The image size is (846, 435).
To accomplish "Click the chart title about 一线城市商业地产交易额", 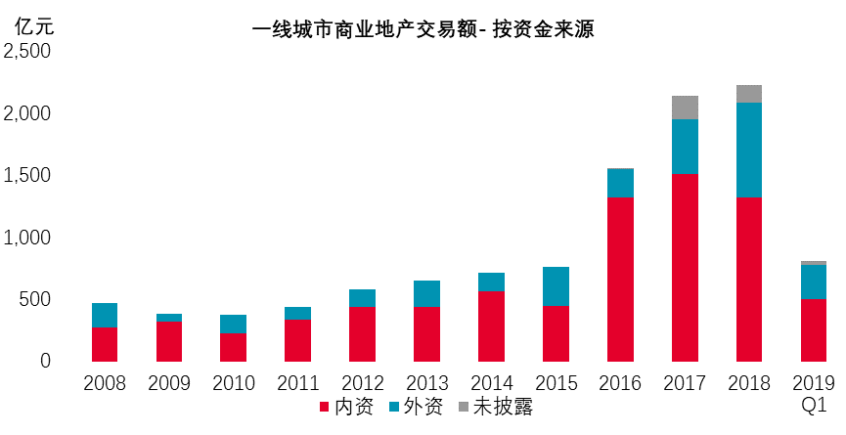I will pyautogui.click(x=423, y=29).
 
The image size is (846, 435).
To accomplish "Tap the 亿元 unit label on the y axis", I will pyautogui.click(x=35, y=26).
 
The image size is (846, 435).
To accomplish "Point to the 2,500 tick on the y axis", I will pyautogui.click(x=28, y=52).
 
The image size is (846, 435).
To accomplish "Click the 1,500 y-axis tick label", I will pyautogui.click(x=28, y=176).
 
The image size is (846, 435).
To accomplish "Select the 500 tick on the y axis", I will pyautogui.click(x=35, y=299).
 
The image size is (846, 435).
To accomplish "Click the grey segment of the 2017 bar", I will pyautogui.click(x=685, y=108).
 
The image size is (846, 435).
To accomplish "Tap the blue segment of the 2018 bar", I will pyautogui.click(x=749, y=150).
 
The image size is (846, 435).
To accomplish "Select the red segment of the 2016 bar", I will pyautogui.click(x=620, y=279).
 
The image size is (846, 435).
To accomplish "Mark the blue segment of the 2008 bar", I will pyautogui.click(x=105, y=315).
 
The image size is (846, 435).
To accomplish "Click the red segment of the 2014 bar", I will pyautogui.click(x=491, y=326).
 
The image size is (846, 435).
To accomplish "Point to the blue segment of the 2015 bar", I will pyautogui.click(x=556, y=286).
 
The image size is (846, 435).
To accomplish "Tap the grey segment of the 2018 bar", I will pyautogui.click(x=749, y=94).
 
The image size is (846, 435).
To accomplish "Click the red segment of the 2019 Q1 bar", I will pyautogui.click(x=814, y=329).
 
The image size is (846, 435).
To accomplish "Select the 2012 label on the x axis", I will pyautogui.click(x=362, y=383).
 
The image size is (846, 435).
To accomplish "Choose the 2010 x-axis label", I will pyautogui.click(x=233, y=383).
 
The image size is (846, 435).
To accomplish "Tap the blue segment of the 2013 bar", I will pyautogui.click(x=426, y=293).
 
